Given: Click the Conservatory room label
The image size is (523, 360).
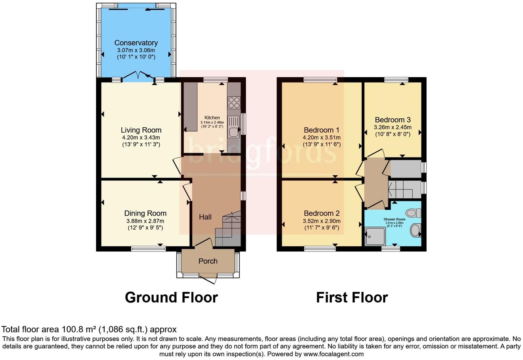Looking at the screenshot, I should click(x=136, y=43).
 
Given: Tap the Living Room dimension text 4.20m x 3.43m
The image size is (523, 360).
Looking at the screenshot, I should click(x=141, y=138).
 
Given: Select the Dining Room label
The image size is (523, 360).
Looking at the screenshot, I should click(x=145, y=214).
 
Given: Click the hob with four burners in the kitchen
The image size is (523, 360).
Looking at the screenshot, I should click(x=234, y=102).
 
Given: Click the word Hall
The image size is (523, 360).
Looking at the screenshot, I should click(x=205, y=217).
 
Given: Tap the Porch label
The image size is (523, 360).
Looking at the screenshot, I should click(x=208, y=261).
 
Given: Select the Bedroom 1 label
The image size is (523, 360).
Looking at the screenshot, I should click(x=321, y=130).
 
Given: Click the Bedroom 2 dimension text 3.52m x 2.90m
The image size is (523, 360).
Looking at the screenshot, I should click(x=321, y=221).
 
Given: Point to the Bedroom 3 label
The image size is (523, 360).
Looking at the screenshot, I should click(x=393, y=120).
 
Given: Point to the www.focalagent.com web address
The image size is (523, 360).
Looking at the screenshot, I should click(x=333, y=354).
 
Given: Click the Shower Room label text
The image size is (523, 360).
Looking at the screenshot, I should click(x=394, y=219).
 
